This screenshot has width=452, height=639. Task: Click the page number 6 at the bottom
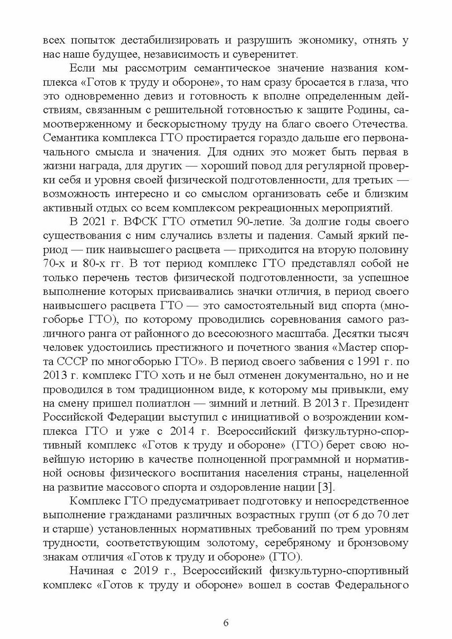[226, 622]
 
